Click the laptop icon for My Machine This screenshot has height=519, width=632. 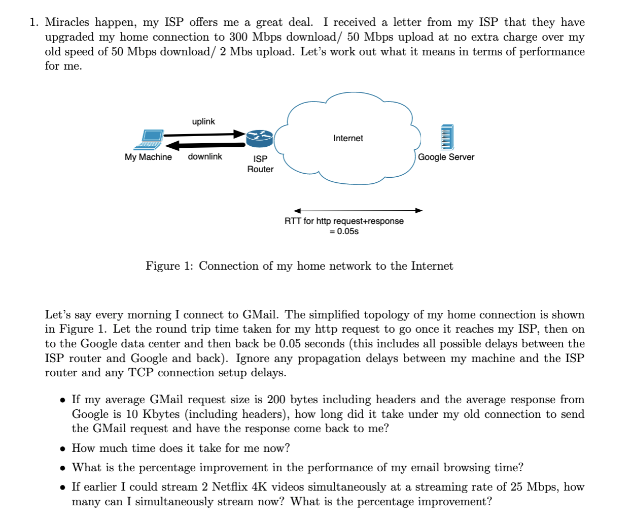click(152, 139)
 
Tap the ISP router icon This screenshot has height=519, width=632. click(259, 138)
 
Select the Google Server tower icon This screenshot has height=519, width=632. click(446, 137)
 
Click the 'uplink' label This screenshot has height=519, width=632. click(203, 121)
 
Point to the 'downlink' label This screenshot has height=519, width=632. click(205, 156)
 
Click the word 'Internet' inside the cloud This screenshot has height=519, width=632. click(348, 138)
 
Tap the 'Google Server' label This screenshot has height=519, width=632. click(446, 157)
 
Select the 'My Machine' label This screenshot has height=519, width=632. click(148, 157)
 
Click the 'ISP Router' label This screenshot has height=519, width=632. click(260, 164)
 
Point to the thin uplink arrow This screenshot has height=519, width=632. click(203, 135)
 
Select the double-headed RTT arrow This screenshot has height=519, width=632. click(358, 210)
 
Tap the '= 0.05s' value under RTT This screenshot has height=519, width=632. click(344, 232)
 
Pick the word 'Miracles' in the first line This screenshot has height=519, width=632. click(67, 22)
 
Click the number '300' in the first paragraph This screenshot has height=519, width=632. click(238, 37)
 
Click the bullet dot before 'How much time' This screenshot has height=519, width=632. click(62, 449)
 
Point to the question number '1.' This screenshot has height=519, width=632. click(34, 22)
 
